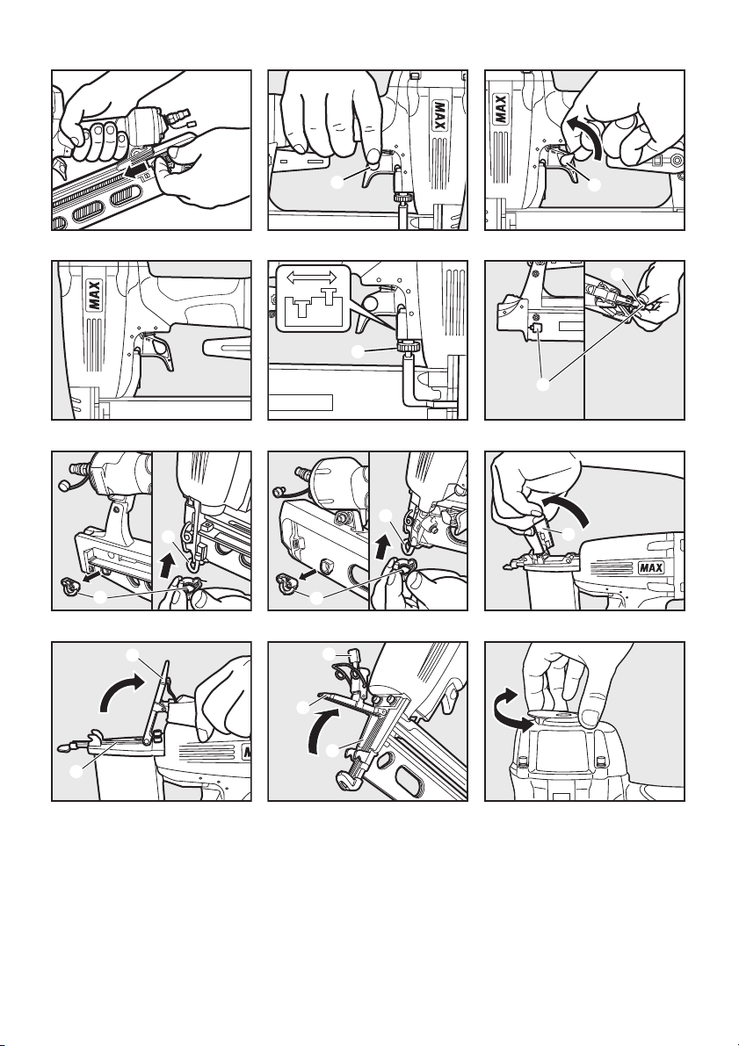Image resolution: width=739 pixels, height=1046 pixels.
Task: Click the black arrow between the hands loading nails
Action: point(138,172)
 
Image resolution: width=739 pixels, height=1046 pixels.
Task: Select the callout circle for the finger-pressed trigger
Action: point(338,182)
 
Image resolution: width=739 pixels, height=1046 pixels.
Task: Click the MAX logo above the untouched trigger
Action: point(94,295)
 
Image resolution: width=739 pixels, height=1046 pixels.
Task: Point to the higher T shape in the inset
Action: point(329,295)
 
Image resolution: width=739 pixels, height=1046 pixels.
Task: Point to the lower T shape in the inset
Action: point(301,307)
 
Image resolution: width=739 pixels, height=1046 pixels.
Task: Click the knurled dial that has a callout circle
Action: point(407,346)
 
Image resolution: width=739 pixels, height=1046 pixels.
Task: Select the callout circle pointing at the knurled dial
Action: point(359,351)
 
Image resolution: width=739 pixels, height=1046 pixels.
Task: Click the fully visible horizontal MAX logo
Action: point(650,567)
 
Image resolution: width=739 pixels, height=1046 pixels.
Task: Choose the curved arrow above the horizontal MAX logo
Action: point(569,509)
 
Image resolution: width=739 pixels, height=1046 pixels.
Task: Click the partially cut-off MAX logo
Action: point(246,752)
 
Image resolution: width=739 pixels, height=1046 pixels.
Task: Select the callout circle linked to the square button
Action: point(544,385)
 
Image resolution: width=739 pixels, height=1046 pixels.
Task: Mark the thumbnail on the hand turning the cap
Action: point(590,718)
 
